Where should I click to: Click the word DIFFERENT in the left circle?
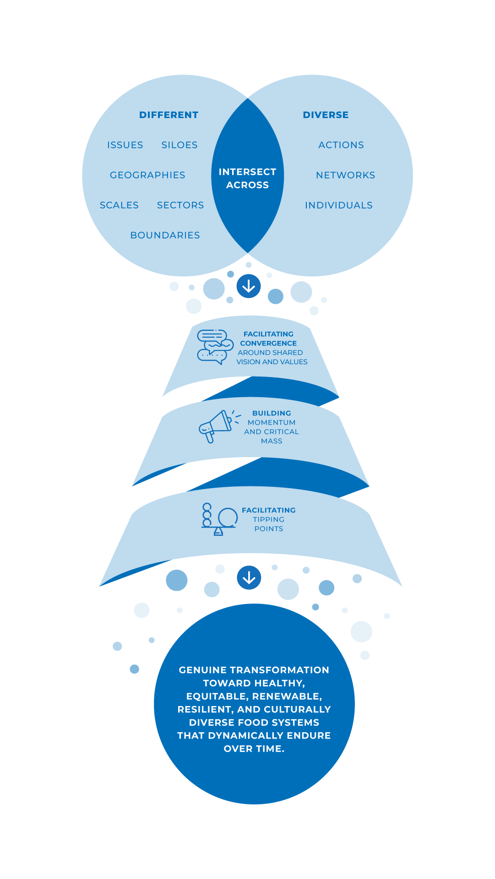point(169,115)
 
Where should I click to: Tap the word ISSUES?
point(125,145)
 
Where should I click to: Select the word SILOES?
point(180,145)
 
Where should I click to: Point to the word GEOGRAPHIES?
point(147,175)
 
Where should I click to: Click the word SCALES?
point(119,205)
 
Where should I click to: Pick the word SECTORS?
point(180,205)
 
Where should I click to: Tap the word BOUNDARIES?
point(165,235)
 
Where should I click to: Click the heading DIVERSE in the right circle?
point(326,115)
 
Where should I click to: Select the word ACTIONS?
point(341,145)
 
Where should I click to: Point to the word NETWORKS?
point(345,175)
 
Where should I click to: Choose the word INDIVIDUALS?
point(339,205)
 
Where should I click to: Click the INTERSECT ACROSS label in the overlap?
point(247,178)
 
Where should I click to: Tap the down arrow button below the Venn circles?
point(249,286)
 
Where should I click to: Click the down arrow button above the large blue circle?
point(249,578)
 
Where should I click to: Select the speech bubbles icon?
point(214,347)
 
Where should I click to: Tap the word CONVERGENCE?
point(268,343)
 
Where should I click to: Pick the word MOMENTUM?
point(272,423)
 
